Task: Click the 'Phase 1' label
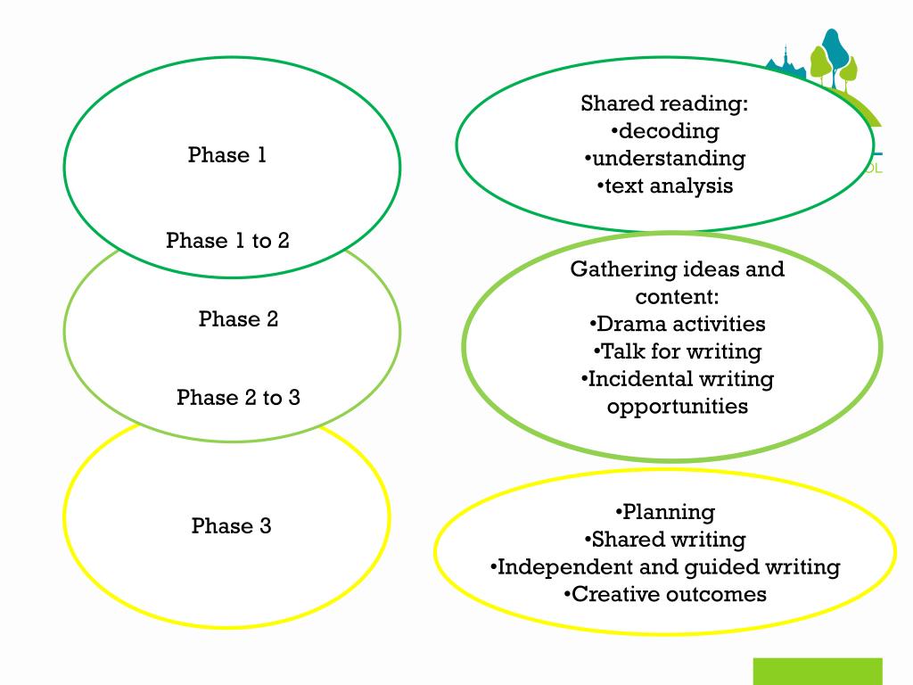point(227,155)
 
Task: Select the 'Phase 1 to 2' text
point(227,241)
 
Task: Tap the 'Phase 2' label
point(238,319)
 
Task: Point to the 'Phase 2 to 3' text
point(238,398)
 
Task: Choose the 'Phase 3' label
point(231,526)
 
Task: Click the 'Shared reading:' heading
point(664,104)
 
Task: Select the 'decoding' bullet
point(665,131)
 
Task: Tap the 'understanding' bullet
point(665,159)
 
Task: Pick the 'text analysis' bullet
point(665,186)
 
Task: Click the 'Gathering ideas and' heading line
point(677,269)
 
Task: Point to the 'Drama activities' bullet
point(677,324)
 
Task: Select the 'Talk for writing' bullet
point(677,351)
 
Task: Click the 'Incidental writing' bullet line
point(677,379)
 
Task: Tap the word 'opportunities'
point(677,407)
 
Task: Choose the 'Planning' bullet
point(665,512)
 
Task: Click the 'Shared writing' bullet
point(665,540)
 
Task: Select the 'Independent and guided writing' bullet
point(665,567)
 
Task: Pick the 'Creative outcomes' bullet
point(665,595)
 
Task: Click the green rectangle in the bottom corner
point(817,671)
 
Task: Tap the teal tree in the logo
point(835,50)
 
